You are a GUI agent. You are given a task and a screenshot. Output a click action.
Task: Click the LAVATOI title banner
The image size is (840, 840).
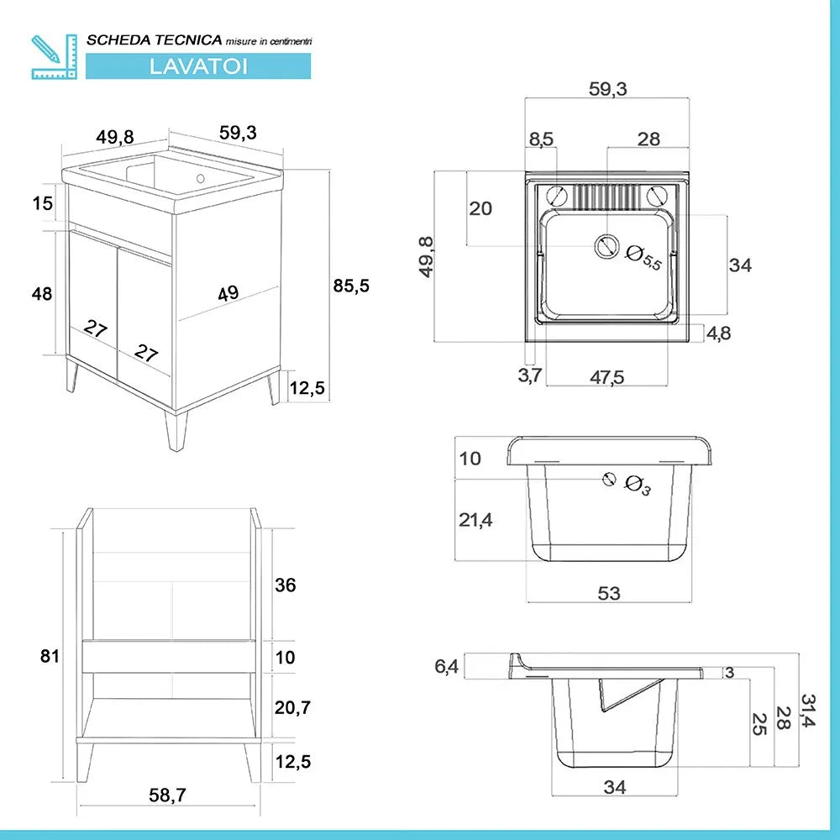click(198, 66)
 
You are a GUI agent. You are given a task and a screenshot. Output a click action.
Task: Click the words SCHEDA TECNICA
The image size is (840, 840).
click(155, 39)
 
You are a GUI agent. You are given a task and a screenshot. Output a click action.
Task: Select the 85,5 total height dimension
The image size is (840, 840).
click(351, 285)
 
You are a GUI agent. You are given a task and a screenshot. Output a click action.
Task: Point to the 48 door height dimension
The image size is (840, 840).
click(42, 294)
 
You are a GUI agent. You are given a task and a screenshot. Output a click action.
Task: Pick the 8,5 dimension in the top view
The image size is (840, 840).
click(542, 139)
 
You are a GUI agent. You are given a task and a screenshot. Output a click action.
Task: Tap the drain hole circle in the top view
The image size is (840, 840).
click(606, 246)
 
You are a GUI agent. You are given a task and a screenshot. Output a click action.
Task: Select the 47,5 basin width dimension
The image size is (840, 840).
click(606, 377)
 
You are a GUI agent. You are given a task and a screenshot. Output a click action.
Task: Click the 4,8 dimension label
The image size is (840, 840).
click(718, 333)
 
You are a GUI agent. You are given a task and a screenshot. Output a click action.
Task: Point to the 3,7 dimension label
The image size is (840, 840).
click(530, 375)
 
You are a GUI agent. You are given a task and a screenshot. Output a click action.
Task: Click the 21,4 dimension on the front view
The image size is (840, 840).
click(475, 520)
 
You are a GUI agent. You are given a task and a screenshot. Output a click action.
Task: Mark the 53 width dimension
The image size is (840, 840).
click(609, 593)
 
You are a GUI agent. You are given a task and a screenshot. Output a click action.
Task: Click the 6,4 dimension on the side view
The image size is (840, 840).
click(446, 666)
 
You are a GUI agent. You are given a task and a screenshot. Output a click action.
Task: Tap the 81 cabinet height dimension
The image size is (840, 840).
click(50, 655)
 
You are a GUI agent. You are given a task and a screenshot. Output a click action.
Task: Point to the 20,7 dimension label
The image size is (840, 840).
click(293, 708)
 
